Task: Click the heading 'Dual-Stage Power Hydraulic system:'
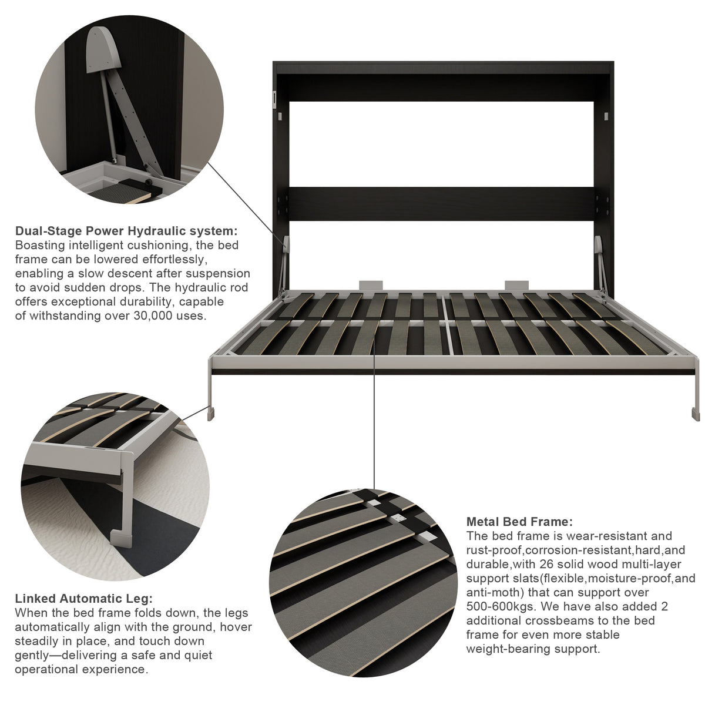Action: click(126, 231)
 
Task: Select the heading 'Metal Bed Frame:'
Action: click(519, 521)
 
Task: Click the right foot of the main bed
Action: click(695, 414)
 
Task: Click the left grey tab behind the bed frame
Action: click(371, 285)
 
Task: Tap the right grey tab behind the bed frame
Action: click(516, 285)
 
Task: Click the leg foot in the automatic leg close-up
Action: click(121, 539)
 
